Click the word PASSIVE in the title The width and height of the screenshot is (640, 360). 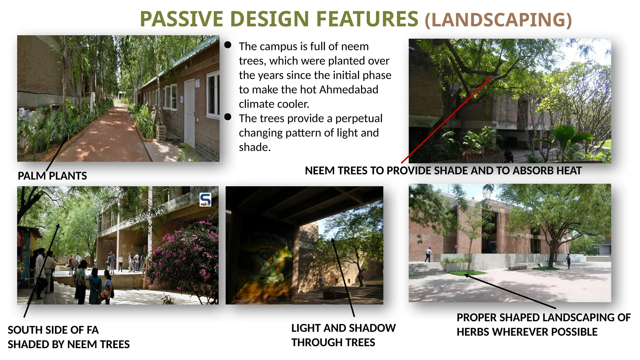point(181,19)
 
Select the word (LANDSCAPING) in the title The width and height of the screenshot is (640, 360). point(498,20)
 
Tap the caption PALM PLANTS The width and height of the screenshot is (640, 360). point(52,176)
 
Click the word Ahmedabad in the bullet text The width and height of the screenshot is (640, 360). point(348,90)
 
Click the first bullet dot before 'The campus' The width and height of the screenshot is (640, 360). point(228,45)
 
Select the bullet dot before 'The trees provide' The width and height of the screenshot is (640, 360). point(228,117)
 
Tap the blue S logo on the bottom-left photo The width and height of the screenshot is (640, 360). point(205,199)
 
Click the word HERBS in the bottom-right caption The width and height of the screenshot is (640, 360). point(473,332)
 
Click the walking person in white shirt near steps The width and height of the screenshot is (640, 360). point(428,254)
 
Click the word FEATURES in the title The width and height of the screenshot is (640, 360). point(367,19)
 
